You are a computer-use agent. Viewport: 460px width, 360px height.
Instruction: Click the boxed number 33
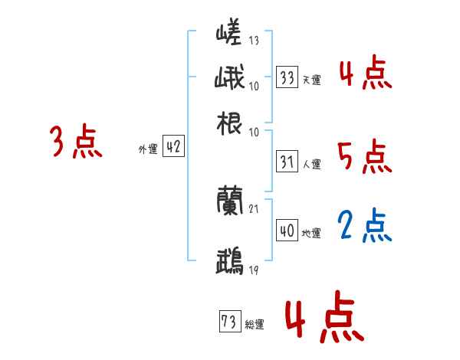click(287, 77)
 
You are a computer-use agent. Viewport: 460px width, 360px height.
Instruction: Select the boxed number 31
click(287, 162)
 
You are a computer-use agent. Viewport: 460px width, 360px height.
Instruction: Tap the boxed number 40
click(287, 231)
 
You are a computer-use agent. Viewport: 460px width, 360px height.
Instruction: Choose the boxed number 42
click(173, 149)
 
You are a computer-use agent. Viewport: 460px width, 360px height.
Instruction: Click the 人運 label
click(311, 164)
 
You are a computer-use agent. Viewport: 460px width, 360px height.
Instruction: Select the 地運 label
click(311, 233)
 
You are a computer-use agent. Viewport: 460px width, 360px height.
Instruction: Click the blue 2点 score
click(365, 225)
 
